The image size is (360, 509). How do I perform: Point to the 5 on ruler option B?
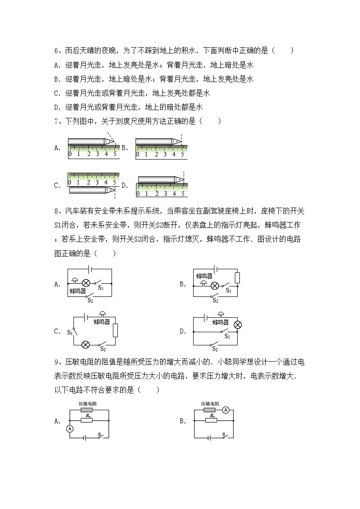click(x=183, y=154)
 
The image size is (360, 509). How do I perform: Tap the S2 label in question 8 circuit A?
click(x=90, y=300)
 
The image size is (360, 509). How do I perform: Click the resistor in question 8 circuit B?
click(x=237, y=277)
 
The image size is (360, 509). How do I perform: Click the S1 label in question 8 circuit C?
click(x=70, y=332)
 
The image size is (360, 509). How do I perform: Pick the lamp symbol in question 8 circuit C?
click(x=85, y=345)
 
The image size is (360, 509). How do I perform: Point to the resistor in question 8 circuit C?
click(x=115, y=330)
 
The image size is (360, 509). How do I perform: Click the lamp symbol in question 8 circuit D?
click(x=237, y=325)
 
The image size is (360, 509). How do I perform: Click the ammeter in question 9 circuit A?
click(x=70, y=428)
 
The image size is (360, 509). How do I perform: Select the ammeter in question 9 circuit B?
click(x=226, y=410)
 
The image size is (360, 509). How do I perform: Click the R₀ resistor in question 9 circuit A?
click(x=86, y=420)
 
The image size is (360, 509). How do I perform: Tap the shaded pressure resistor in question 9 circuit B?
click(x=210, y=410)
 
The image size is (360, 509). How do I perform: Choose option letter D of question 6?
click(x=56, y=107)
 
